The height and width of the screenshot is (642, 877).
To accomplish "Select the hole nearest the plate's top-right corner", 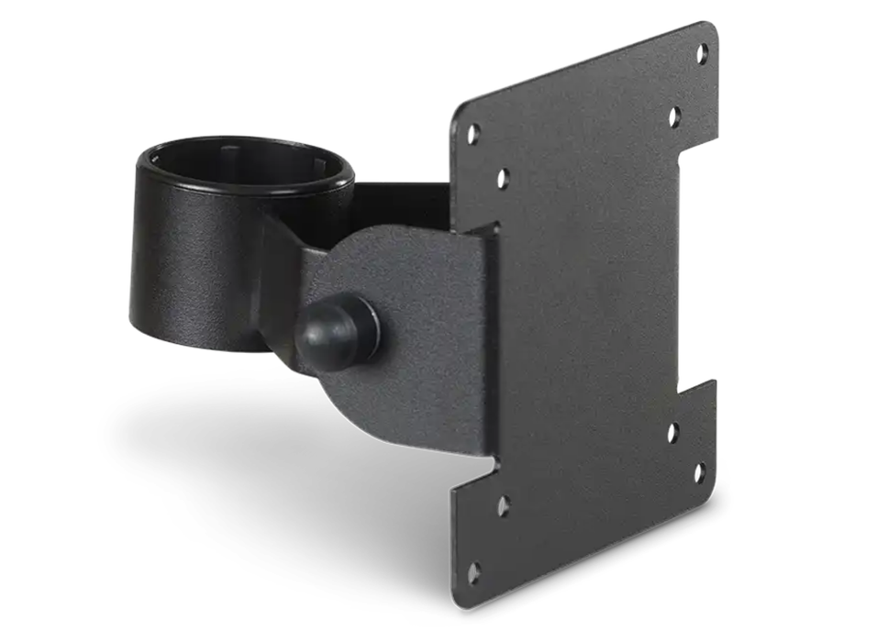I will (x=702, y=53).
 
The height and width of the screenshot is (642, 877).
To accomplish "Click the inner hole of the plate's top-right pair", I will (x=674, y=116).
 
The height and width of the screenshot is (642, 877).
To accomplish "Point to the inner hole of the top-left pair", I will (x=503, y=179).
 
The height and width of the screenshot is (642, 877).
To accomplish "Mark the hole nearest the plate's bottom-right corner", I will (x=699, y=473).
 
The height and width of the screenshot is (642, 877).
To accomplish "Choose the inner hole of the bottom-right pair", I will (x=672, y=431).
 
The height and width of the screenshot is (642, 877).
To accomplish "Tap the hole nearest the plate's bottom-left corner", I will (x=474, y=574).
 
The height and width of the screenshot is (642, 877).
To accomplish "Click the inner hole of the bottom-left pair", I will (x=503, y=505).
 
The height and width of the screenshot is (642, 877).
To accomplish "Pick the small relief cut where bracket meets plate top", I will (x=495, y=224).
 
